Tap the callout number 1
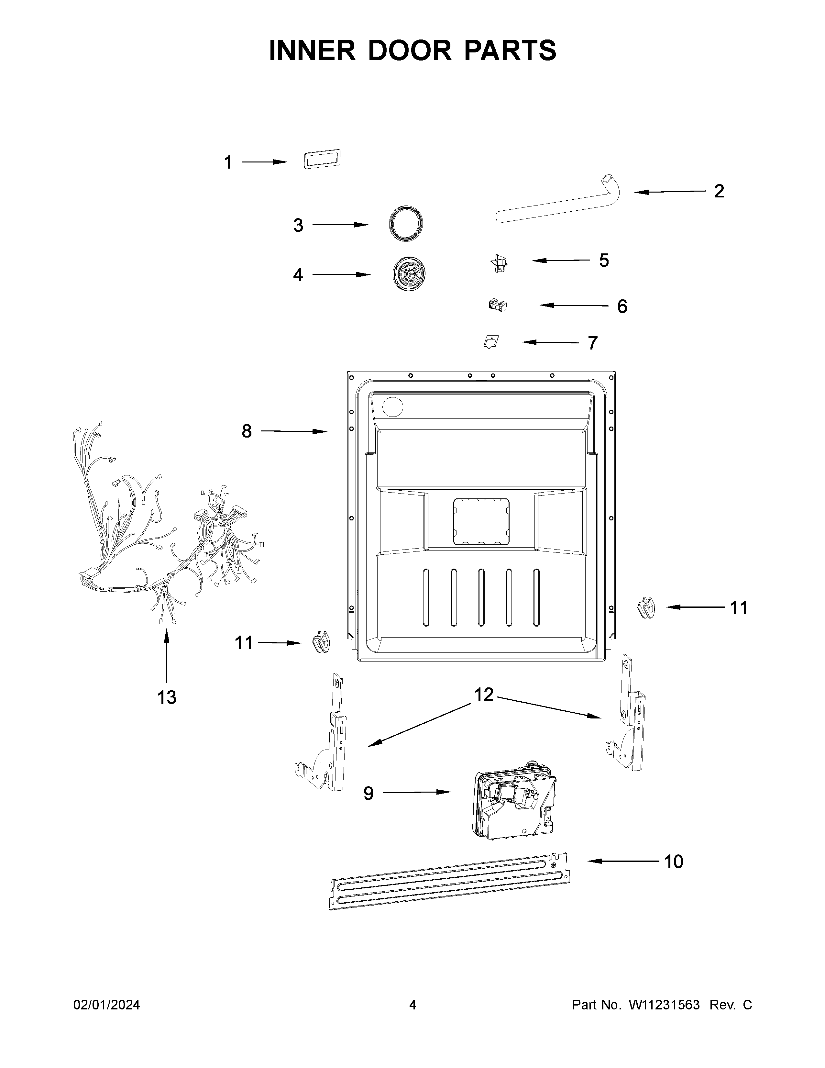coord(228,162)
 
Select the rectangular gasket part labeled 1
coord(322,160)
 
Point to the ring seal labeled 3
coord(406,224)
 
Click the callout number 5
coord(604,261)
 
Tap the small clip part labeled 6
coord(498,306)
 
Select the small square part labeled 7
coord(491,341)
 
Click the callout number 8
coord(247,431)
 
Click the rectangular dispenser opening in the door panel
coord(481,522)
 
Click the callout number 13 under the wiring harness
coord(167,697)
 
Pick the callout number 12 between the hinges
coord(484,695)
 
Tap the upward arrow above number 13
coord(167,655)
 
